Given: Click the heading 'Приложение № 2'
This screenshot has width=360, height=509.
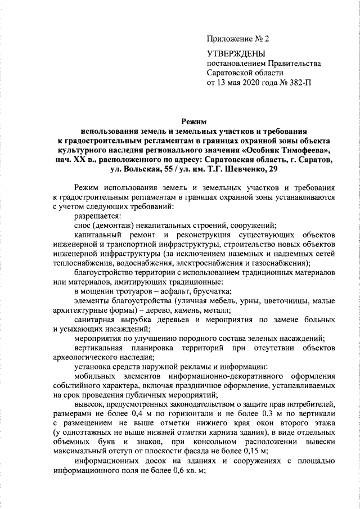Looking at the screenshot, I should pyautogui.click(x=238, y=39).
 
